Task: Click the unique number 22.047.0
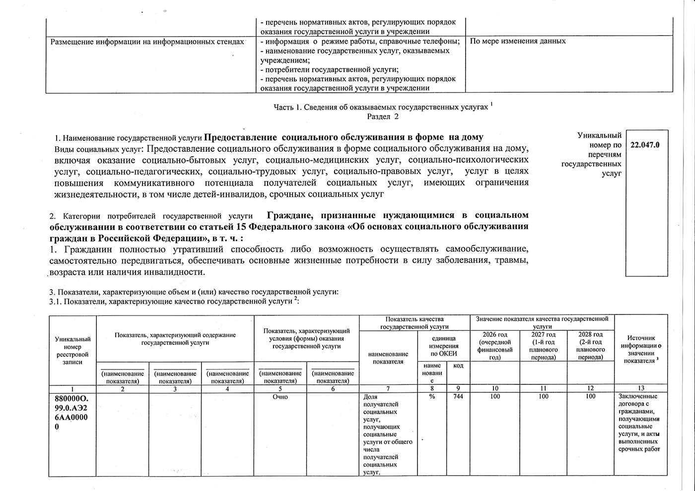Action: tap(645, 145)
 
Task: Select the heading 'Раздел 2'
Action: tap(383, 117)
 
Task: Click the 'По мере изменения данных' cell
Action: tap(518, 41)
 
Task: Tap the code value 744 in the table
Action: tap(458, 397)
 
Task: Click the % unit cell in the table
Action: tap(432, 397)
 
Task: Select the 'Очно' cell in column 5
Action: tap(280, 397)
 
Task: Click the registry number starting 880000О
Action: tap(72, 412)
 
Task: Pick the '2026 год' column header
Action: tap(495, 346)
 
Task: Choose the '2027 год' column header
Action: tap(544, 346)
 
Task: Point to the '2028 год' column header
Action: tap(591, 346)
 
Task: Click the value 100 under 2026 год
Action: tap(495, 397)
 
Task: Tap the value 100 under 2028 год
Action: tap(590, 397)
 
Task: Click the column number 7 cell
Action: tap(388, 388)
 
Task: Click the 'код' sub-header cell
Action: tap(458, 366)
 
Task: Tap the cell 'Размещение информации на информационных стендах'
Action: tap(147, 42)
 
